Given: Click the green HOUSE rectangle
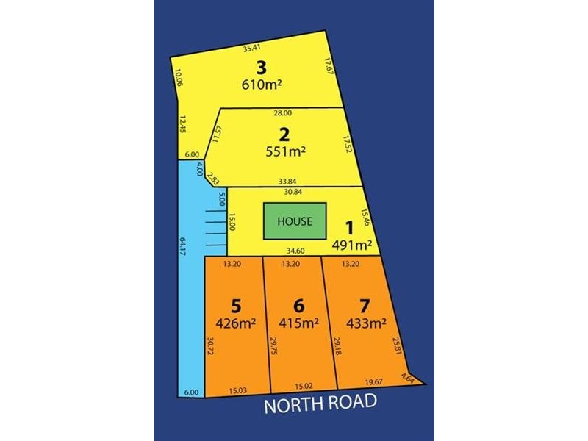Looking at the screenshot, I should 295,220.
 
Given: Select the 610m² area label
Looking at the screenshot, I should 262,84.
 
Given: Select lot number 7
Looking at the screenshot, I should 359,304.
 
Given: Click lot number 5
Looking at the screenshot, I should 235,304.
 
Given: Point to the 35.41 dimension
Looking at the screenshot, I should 251,49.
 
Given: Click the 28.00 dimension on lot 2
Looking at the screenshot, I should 282,113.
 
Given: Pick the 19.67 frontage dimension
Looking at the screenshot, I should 375,381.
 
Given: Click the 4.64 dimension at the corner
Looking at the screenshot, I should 408,379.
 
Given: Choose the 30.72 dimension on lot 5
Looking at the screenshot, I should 210,347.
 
